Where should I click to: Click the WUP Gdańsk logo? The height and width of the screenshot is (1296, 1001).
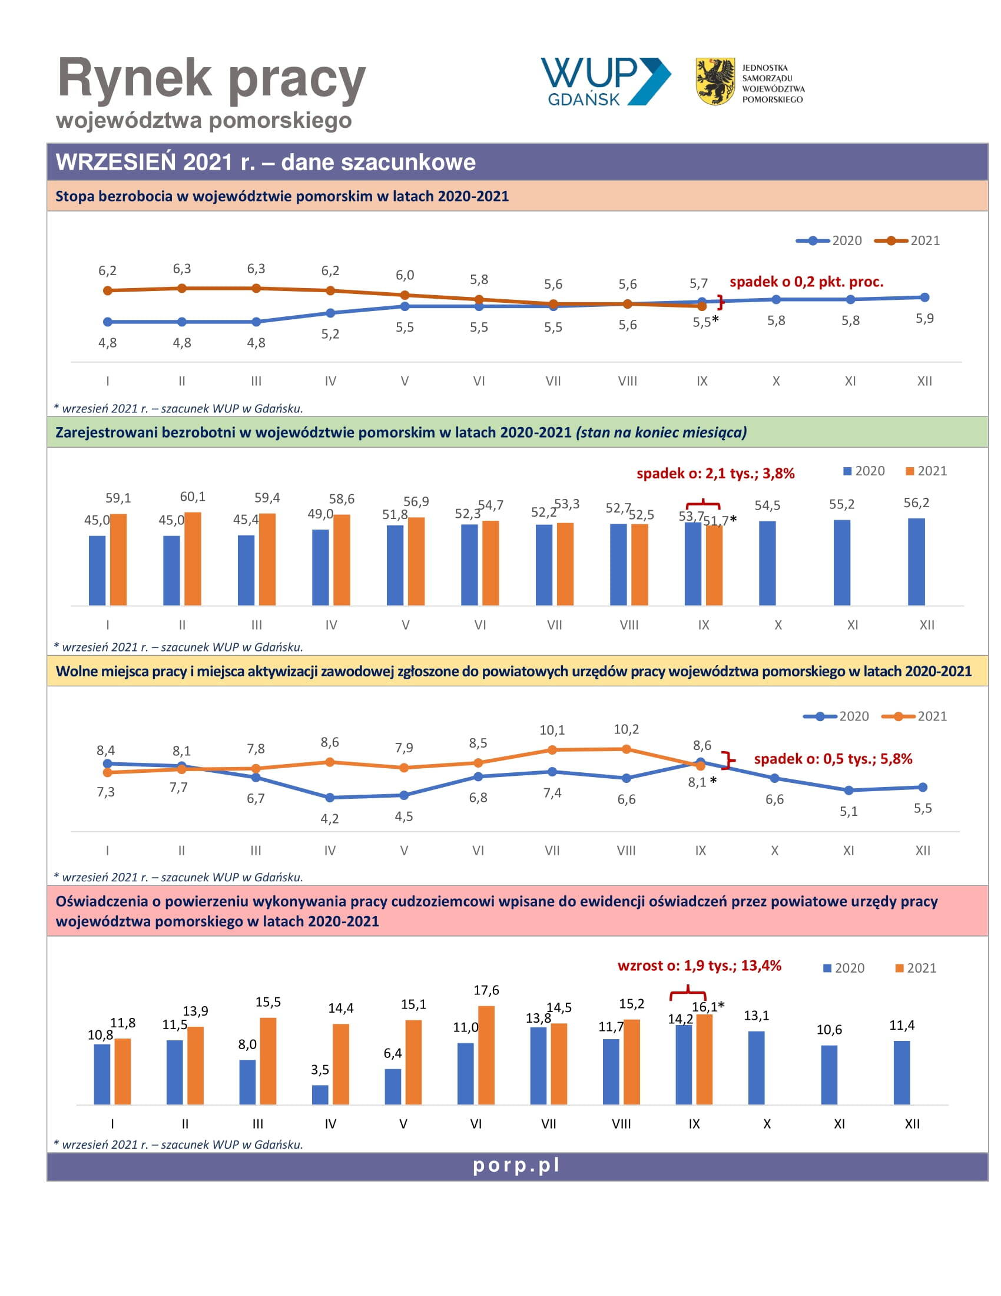pos(605,82)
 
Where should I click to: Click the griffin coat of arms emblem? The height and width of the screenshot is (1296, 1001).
pos(715,81)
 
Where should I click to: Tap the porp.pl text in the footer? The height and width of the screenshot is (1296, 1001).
pos(516,1165)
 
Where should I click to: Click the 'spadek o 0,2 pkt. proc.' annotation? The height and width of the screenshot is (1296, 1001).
pos(806,282)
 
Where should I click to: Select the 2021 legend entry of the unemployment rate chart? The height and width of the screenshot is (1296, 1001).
pos(907,240)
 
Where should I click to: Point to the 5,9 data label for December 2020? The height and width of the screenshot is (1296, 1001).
pos(924,319)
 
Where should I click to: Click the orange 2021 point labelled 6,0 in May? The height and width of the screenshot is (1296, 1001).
pos(405,295)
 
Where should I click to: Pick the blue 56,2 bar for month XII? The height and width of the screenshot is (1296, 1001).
pos(916,562)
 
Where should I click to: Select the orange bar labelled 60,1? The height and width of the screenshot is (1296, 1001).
pos(193,559)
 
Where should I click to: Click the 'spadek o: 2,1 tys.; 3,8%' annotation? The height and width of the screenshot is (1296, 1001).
pos(715,474)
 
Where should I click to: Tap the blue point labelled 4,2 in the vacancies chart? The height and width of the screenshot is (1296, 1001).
pos(330,798)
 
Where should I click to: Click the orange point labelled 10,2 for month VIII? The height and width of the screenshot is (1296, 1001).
pos(627,749)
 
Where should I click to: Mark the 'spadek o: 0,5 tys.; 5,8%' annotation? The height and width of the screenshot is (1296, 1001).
pos(833,759)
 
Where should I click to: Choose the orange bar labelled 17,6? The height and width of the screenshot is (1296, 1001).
pos(486,1055)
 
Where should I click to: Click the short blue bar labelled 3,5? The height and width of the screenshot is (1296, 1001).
pos(320,1095)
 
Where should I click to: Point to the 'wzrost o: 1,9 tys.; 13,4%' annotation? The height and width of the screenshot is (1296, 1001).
pos(699,966)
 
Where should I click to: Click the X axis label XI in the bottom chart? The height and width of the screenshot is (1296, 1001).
pos(839,1124)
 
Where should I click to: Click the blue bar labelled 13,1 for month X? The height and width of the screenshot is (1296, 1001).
pos(756,1067)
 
